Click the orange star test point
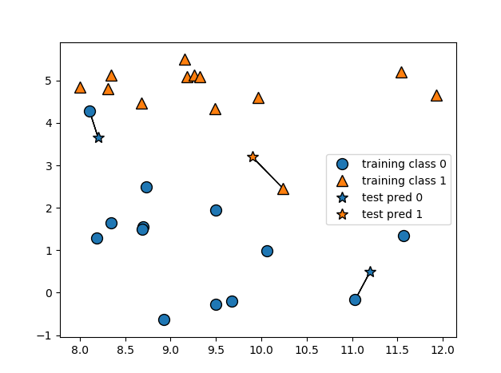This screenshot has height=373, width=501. [252, 157]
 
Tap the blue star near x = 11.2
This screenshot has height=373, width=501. [370, 272]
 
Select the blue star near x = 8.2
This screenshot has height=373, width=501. [98, 137]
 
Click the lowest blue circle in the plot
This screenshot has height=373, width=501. [164, 319]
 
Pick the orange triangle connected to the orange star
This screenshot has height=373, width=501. [283, 189]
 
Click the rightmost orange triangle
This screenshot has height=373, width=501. [436, 96]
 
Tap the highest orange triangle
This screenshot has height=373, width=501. [185, 60]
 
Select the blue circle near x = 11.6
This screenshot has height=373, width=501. [404, 236]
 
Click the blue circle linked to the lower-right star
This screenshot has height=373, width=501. [355, 300]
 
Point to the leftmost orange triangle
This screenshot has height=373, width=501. [80, 88]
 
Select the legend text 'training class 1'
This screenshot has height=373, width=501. [404, 181]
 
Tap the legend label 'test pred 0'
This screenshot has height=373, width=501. [390, 197]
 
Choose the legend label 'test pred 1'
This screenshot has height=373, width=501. [390, 214]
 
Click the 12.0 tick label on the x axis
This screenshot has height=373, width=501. [443, 351]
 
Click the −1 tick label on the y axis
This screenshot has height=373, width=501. [49, 335]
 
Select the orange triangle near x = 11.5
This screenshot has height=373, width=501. [401, 73]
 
